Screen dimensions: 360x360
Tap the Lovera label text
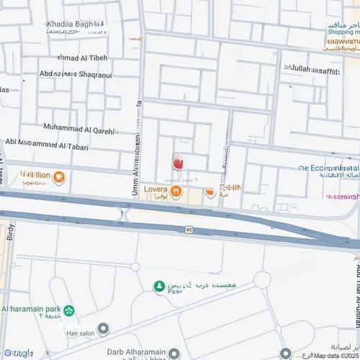pyautogui.click(x=156, y=189)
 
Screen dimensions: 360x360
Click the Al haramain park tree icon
pyautogui.click(x=69, y=311)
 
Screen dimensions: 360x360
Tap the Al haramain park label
pyautogui.click(x=30, y=309)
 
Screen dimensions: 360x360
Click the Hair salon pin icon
pyautogui.click(x=103, y=329)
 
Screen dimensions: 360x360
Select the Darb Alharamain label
pyautogui.click(x=125, y=353)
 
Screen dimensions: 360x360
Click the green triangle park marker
pyautogui.click(x=158, y=287)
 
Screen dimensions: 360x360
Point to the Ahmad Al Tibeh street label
pyautogui.click(x=81, y=58)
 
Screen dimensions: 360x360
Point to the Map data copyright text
pyautogui.click(x=336, y=355)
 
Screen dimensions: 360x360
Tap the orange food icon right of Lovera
pyautogui.click(x=210, y=192)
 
